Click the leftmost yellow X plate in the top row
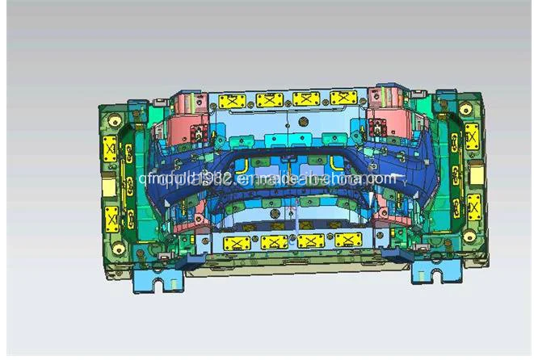click(x=233, y=100)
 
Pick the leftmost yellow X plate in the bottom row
click(x=233, y=241)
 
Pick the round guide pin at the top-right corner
click(x=465, y=108)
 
